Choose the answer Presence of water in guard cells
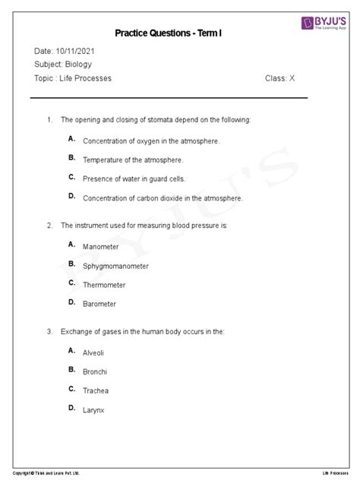pos(134,179)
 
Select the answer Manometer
pos(100,248)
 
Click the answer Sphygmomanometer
pos(115,267)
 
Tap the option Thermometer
pos(104,286)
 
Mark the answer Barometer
pos(99,305)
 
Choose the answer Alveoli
pos(94,353)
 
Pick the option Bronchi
pos(95,372)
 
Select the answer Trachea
pos(96,391)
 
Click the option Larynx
pos(93,410)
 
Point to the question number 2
pos(49,226)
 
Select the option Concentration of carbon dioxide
pos(163,198)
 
